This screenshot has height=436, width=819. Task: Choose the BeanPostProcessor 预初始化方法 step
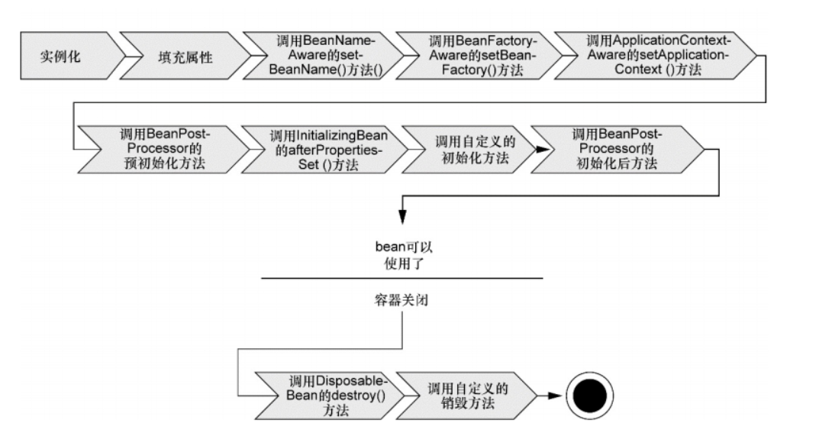pyautogui.click(x=161, y=150)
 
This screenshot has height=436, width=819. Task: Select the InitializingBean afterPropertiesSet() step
pyautogui.click(x=324, y=150)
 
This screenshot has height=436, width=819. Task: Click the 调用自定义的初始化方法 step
pyautogui.click(x=464, y=150)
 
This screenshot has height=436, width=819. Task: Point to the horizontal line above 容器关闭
pyautogui.click(x=401, y=278)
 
